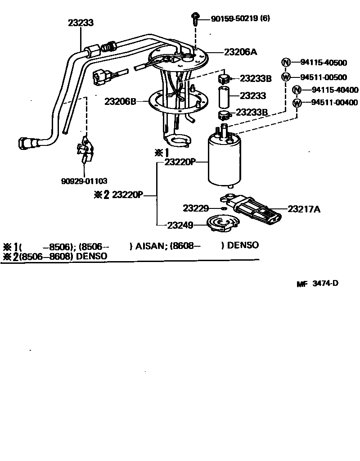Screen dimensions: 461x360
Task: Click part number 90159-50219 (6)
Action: click(x=240, y=18)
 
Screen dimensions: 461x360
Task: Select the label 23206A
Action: click(x=240, y=52)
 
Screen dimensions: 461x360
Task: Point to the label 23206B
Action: click(x=120, y=102)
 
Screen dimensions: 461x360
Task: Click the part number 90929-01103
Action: click(x=84, y=181)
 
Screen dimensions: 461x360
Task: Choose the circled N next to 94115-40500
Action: click(x=285, y=63)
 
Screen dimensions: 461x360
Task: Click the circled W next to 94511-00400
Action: click(x=297, y=103)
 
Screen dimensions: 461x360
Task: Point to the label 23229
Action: click(x=196, y=208)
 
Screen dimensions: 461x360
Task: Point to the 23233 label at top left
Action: click(x=81, y=22)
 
